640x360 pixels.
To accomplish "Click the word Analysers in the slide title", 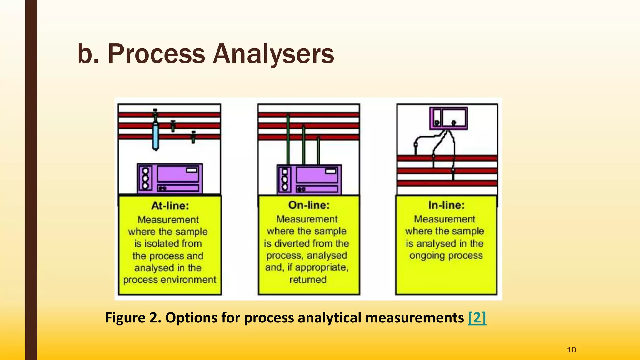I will [x=273, y=54].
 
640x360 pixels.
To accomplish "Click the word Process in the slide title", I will [x=156, y=54].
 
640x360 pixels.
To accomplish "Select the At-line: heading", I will [x=170, y=206].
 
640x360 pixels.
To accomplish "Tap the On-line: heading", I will [x=309, y=205].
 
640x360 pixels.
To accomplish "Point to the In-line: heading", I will [x=446, y=205].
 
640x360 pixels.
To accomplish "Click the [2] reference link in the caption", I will [x=477, y=318].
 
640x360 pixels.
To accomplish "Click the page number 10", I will [x=571, y=350].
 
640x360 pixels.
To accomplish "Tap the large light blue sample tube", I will [x=155, y=136].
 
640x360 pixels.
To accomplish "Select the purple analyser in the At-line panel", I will [x=170, y=179].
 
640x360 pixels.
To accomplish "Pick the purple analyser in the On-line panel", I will [x=309, y=180].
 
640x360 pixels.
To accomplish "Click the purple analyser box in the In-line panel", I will [x=448, y=118].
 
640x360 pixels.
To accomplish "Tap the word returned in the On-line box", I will [x=308, y=279].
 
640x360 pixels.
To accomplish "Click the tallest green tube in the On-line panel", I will [x=288, y=139].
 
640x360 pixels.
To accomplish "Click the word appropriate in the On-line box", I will [x=321, y=267].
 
